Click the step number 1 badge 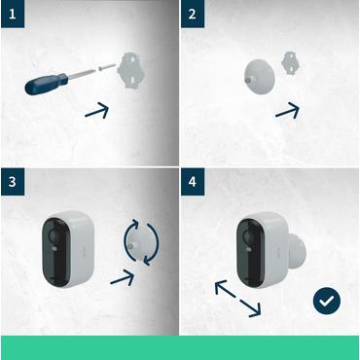tap(13, 14)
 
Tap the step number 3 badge tap(13, 183)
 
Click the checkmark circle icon tap(326, 301)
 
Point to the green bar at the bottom tap(180, 346)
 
